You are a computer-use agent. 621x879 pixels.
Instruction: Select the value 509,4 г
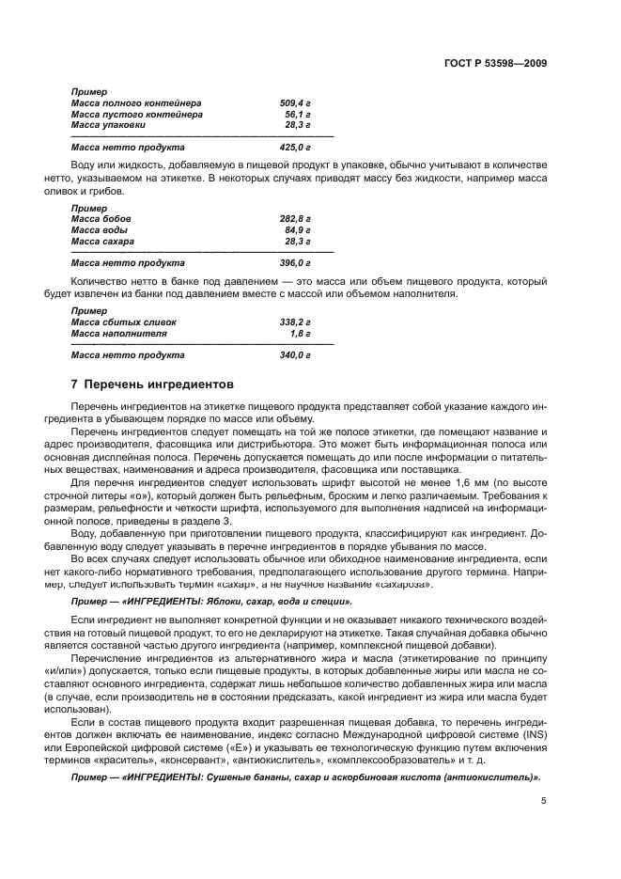point(295,102)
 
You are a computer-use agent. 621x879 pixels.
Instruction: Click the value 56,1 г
point(298,114)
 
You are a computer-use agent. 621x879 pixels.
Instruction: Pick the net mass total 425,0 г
point(295,148)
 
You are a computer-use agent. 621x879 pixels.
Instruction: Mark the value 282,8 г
point(295,218)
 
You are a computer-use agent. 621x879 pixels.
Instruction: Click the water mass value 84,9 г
point(297,229)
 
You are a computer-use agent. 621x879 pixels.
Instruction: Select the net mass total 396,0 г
point(295,263)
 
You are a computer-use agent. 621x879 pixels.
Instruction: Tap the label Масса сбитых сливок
point(123,322)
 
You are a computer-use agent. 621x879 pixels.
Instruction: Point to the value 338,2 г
point(295,322)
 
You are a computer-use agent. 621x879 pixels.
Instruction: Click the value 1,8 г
point(300,333)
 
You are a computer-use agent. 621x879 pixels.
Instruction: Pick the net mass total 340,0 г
point(295,355)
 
